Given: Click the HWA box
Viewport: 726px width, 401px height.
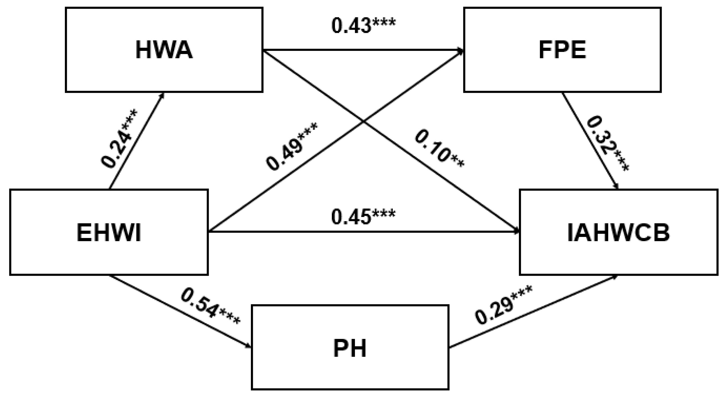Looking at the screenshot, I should tap(164, 50).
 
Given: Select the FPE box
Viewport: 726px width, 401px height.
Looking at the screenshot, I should tap(562, 50).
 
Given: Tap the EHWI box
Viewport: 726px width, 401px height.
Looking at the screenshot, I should tap(109, 232).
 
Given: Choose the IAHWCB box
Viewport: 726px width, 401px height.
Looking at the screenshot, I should tap(618, 232).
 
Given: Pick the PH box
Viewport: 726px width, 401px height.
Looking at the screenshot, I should tap(350, 347).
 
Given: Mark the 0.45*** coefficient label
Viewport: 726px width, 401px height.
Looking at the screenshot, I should tap(363, 217).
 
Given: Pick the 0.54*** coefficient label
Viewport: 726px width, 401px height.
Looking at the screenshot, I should tap(210, 306).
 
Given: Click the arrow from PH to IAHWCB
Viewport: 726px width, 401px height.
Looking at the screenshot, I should tap(533, 312).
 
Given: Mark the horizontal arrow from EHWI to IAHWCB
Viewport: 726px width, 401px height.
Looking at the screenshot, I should tap(363, 232).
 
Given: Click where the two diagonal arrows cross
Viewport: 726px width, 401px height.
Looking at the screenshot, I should tap(363, 121).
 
